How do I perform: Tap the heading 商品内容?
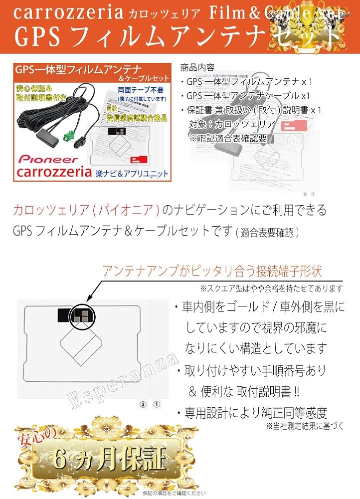point(196,67)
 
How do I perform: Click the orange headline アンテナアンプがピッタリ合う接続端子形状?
point(212,271)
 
